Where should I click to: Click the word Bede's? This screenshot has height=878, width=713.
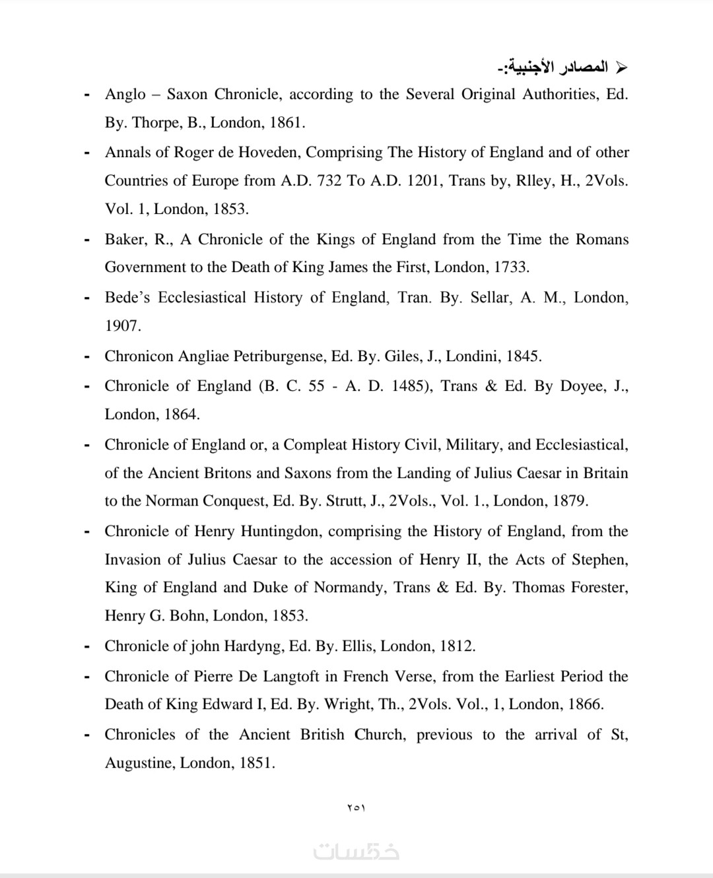pyautogui.click(x=127, y=298)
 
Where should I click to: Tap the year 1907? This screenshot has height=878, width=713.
pyautogui.click(x=122, y=326)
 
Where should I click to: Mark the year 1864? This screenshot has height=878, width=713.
pyautogui.click(x=182, y=415)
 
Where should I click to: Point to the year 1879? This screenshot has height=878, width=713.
pyautogui.click(x=570, y=501)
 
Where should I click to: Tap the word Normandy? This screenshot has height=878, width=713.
pyautogui.click(x=349, y=588)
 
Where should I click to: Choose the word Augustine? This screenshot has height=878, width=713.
pyautogui.click(x=139, y=764)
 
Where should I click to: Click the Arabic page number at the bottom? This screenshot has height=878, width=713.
pyautogui.click(x=356, y=807)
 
